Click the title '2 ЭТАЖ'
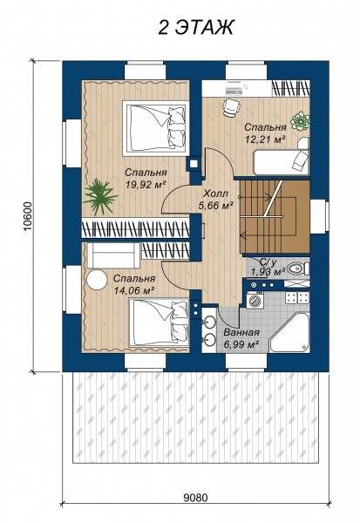click(196, 27)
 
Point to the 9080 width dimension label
click(195, 498)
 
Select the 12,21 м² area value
click(265, 139)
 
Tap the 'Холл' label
click(216, 194)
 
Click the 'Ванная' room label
click(241, 333)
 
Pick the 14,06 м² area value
click(133, 290)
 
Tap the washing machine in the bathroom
click(255, 299)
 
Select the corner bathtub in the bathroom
click(289, 332)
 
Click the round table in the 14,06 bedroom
click(97, 280)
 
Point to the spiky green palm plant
click(99, 196)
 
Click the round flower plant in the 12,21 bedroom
click(300, 121)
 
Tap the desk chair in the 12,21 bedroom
click(232, 107)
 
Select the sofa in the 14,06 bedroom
click(113, 255)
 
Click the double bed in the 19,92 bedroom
click(154, 128)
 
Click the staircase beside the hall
click(275, 216)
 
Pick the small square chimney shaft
click(194, 164)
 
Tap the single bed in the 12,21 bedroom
click(282, 161)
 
